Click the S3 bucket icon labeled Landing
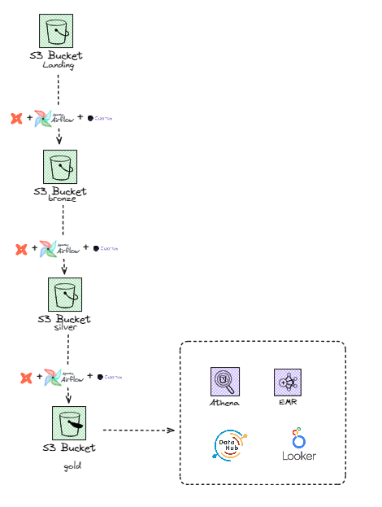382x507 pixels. click(57, 31)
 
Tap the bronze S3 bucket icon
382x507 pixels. click(60, 167)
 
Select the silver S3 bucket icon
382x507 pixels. click(64, 295)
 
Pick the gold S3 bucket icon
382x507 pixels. click(69, 423)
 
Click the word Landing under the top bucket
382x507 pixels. click(58, 66)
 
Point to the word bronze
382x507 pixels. click(60, 201)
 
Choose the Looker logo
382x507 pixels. click(297, 444)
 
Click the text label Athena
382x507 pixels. click(225, 402)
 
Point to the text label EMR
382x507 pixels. click(288, 402)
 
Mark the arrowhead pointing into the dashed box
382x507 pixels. click(171, 430)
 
